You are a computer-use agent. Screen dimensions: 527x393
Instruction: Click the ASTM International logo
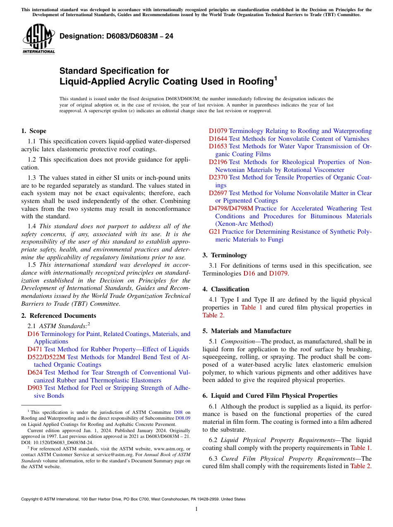coord(38,39)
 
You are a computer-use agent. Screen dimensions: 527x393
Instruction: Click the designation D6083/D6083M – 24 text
coord(116,36)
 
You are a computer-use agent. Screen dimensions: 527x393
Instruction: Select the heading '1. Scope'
coord(34,131)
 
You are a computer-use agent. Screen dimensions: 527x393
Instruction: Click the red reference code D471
coord(35,349)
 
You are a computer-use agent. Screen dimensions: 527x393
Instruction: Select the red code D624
coord(35,372)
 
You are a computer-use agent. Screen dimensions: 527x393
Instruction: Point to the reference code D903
coord(35,388)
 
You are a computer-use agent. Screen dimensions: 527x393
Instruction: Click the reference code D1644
coord(218,139)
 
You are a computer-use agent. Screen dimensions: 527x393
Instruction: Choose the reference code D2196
coord(218,162)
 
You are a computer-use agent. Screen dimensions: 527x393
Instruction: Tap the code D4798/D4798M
coord(231,208)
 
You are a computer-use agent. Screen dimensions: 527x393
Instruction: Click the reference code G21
coord(214,232)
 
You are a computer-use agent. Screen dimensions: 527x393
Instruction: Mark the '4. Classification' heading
coord(226,289)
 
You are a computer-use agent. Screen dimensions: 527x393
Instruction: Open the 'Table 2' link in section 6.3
coord(360,466)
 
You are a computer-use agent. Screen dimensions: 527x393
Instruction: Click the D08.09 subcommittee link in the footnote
coord(182,418)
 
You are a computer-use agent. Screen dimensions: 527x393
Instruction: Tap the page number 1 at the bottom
coord(196,509)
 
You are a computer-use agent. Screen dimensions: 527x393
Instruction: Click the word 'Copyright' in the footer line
coord(30,499)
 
